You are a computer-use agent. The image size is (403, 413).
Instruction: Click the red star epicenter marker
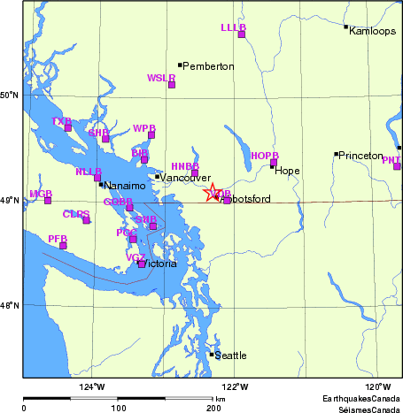213,192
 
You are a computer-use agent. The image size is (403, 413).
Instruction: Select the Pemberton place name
209,66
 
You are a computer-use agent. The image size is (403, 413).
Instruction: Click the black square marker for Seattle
212,355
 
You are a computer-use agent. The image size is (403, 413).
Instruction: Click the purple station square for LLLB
241,34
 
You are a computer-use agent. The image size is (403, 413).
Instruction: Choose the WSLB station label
160,78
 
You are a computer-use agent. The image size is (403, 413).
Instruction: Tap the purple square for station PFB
63,245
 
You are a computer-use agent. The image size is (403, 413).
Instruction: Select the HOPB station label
264,156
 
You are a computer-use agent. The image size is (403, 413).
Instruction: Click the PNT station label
391,160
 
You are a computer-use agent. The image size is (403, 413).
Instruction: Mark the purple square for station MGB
48,200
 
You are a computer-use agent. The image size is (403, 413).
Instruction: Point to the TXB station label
60,121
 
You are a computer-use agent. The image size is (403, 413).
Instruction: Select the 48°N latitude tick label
11,306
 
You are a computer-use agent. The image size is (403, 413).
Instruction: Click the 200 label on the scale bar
213,408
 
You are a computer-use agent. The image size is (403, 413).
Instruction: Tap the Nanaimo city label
120,186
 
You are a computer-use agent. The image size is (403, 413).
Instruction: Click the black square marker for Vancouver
157,177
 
